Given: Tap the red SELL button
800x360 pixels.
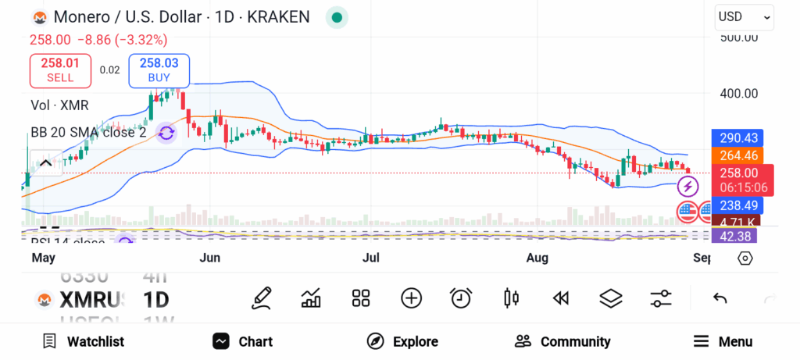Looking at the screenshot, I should coord(60,70).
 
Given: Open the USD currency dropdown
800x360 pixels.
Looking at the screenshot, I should coord(744,16).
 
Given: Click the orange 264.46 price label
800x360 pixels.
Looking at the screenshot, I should coord(737,155).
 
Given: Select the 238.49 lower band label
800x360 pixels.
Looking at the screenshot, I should coord(737,205).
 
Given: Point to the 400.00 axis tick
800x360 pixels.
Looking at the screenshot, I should coord(738,94).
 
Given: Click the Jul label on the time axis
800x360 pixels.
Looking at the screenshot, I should coord(372,258).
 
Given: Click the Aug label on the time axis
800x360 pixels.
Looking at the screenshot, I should coord(537,258).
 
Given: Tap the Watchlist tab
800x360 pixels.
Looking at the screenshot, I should coord(83,341).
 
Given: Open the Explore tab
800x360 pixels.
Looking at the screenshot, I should coord(402,341).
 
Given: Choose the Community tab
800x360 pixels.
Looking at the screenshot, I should coord(562,341).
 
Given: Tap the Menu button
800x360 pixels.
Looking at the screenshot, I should coord(723,341).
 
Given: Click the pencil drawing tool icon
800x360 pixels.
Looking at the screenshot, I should coord(262,298).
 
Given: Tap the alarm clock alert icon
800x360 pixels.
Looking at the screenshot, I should coord(461,298).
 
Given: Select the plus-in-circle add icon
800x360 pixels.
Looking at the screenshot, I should coord(411,298).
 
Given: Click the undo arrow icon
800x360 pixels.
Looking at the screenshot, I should coord(720,298).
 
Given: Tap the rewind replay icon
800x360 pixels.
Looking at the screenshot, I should coord(560,298).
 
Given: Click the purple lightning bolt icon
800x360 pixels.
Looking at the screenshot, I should coord(687,187).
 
